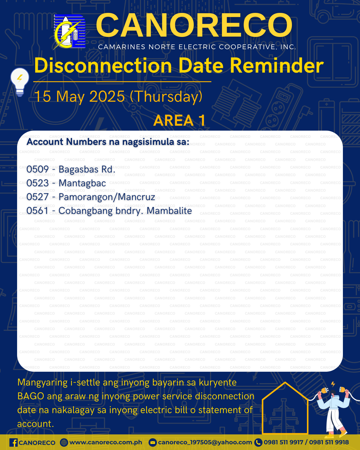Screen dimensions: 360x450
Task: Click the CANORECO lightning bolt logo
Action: point(69,32)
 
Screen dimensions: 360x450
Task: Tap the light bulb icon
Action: point(20,82)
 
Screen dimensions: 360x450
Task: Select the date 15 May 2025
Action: point(79,97)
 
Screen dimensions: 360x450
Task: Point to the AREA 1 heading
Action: point(179,120)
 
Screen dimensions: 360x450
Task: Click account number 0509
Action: point(37,169)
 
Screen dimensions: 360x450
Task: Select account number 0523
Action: point(37,183)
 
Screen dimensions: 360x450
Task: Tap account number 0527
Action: point(37,197)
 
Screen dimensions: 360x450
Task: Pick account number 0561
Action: point(37,211)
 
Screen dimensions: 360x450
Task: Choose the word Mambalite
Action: point(169,211)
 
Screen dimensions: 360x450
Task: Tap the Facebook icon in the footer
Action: point(13,442)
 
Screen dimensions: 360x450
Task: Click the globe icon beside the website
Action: point(64,442)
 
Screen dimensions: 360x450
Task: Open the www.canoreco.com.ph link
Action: point(106,442)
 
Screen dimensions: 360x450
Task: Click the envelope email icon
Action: point(152,442)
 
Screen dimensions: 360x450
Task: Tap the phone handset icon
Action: point(258,442)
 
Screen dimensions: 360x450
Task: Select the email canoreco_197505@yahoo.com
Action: point(205,442)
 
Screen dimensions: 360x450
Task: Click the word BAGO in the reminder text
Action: point(31,397)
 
